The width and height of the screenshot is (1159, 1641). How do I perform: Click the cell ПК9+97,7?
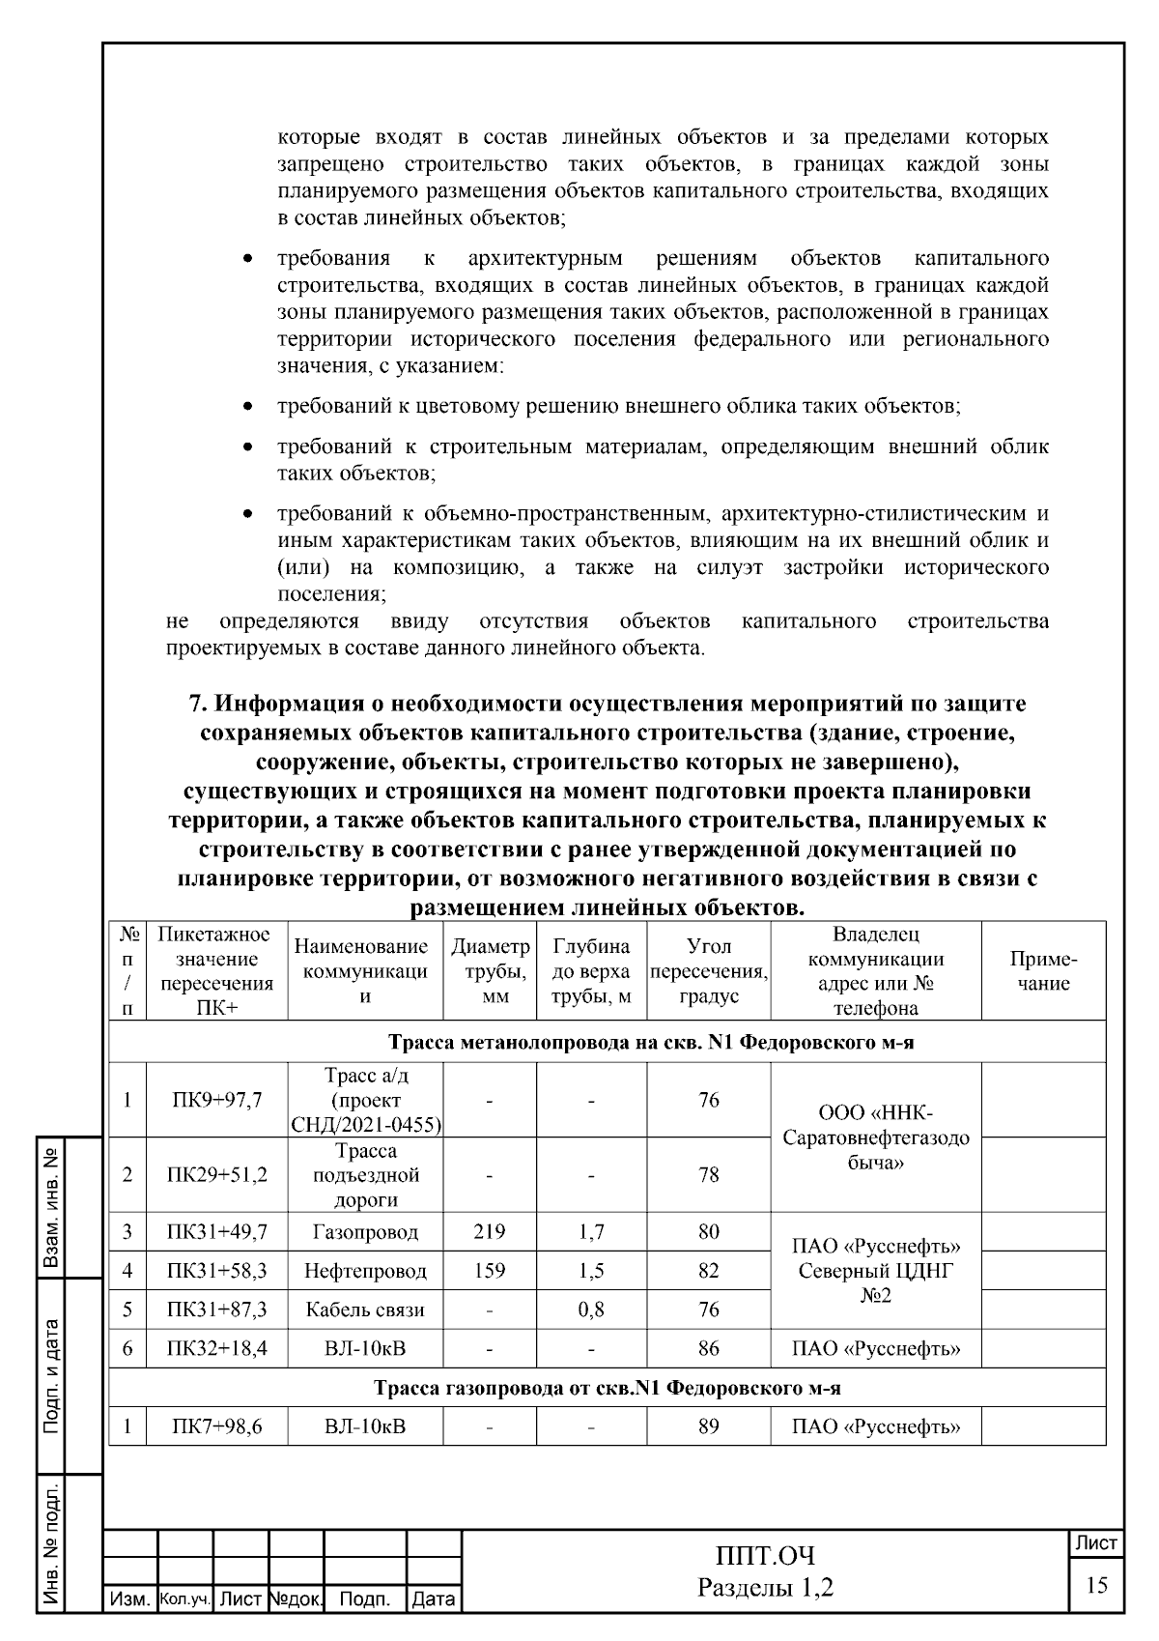pyautogui.click(x=216, y=1100)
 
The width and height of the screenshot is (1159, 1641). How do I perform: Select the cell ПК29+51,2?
pyautogui.click(x=216, y=1175)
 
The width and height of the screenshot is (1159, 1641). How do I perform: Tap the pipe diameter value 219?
pyautogui.click(x=490, y=1231)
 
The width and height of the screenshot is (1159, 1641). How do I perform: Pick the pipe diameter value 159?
pyautogui.click(x=490, y=1271)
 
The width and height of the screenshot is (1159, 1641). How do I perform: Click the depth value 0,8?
pyautogui.click(x=590, y=1310)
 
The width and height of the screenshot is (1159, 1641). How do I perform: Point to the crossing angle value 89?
pyautogui.click(x=708, y=1425)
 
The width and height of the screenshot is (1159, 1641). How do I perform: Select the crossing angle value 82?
pyautogui.click(x=708, y=1271)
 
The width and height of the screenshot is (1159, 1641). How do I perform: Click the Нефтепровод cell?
pyautogui.click(x=365, y=1271)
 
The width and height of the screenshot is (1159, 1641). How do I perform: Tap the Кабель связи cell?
pyautogui.click(x=365, y=1310)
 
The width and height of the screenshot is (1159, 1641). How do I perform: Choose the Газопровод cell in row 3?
pyautogui.click(x=365, y=1231)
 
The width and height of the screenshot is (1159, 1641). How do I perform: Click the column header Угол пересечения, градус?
pyautogui.click(x=708, y=971)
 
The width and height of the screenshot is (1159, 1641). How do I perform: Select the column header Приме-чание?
pyautogui.click(x=1043, y=971)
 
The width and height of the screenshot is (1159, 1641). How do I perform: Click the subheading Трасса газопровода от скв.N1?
pyautogui.click(x=607, y=1388)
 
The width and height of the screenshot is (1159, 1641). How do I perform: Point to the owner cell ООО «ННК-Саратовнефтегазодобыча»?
pyautogui.click(x=875, y=1137)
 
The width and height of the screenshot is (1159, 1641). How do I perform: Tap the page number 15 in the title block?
pyautogui.click(x=1096, y=1586)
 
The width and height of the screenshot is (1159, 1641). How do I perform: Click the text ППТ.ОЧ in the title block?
pyautogui.click(x=765, y=1556)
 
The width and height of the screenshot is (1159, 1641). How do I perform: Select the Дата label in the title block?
pyautogui.click(x=434, y=1599)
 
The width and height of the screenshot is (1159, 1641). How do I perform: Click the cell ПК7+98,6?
pyautogui.click(x=216, y=1425)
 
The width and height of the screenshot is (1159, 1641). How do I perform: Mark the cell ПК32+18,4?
pyautogui.click(x=216, y=1348)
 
